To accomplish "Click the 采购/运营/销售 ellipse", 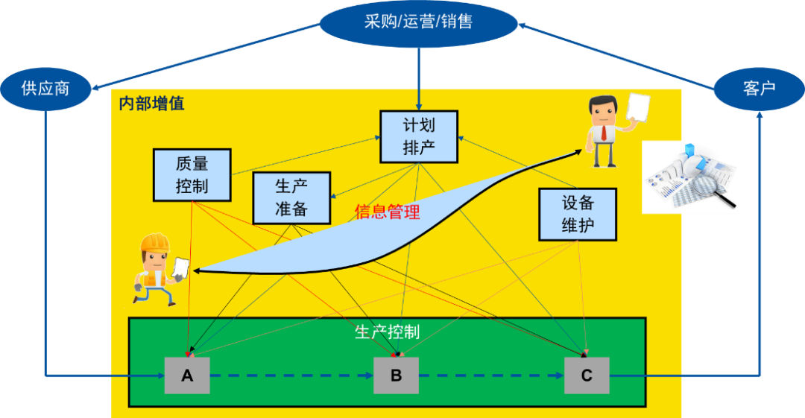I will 418,22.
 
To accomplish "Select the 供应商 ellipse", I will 45,88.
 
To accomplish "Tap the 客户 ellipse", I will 759,89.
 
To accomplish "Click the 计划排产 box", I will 418,136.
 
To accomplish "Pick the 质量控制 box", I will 192,174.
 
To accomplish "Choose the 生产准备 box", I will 291,197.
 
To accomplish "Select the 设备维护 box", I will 578,214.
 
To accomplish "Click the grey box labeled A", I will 187,376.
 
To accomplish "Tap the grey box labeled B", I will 396,376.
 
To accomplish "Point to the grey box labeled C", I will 587,376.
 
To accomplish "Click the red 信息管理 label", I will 387,212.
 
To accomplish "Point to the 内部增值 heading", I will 151,104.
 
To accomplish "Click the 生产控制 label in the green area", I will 387,332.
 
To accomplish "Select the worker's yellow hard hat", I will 156,243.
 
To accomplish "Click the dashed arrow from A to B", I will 291,376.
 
